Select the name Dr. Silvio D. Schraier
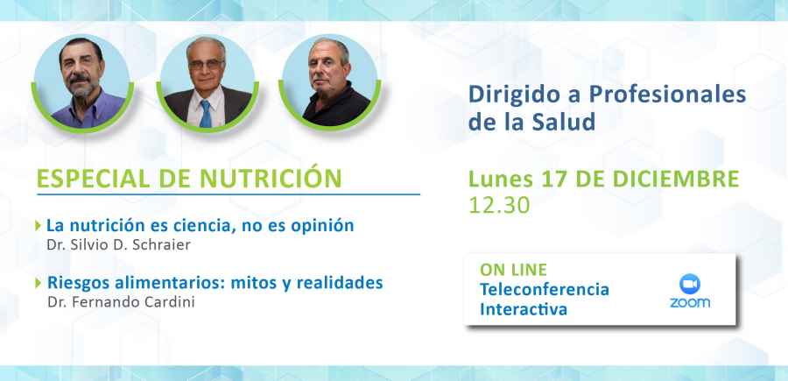click(x=118, y=245)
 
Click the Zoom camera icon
click(x=689, y=284)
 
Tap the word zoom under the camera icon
click(x=689, y=303)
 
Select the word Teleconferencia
click(x=544, y=289)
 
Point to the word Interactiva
click(x=524, y=309)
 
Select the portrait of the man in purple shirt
click(x=80, y=82)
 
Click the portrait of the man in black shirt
click(x=330, y=82)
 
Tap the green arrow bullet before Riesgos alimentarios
click(x=38, y=283)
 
